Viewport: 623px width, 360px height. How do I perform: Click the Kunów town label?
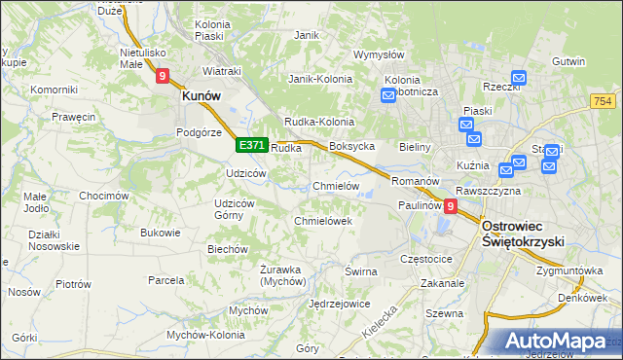coord(202,97)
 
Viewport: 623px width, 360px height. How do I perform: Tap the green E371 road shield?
coord(251,145)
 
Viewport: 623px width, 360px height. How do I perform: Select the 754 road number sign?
coord(604,101)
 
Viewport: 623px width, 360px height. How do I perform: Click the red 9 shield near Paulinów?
coord(450,206)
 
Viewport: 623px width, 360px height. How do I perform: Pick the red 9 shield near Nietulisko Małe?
coord(163,74)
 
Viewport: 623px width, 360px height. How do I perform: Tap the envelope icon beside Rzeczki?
coord(519,78)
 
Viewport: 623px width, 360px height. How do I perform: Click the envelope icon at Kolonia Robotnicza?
coord(389,95)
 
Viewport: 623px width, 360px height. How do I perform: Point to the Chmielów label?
coord(336,186)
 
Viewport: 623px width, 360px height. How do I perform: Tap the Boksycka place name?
coord(352,146)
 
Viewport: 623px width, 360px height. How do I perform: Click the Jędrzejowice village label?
coord(339,304)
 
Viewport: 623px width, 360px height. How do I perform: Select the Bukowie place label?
coord(161,233)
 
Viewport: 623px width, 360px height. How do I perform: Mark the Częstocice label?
coord(427,260)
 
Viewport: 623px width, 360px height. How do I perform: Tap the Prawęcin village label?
coord(74,117)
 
